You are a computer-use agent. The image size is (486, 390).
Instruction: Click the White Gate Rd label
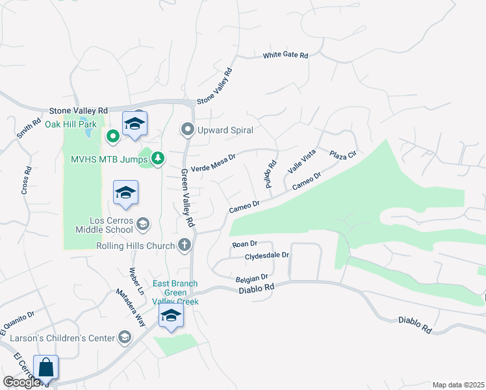coord(285,55)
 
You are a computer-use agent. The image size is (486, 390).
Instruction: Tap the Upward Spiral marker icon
coord(188,130)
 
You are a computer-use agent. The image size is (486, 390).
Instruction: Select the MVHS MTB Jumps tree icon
coord(158,158)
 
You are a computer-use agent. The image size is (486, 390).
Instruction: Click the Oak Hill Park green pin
coord(112,136)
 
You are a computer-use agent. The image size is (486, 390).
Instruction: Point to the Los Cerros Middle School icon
coord(143,225)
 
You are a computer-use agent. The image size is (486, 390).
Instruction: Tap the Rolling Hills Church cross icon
coord(185,245)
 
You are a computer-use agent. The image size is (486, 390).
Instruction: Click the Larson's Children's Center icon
coord(124,337)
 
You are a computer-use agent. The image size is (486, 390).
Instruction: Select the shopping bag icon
coord(46,368)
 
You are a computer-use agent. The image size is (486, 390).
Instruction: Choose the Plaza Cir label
coord(343,155)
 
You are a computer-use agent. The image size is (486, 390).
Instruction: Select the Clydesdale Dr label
coord(266,255)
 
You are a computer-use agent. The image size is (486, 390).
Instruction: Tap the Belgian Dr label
coord(251,278)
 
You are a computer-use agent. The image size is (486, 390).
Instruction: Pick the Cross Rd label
coord(27,181)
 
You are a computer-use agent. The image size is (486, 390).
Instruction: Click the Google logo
coord(21,382)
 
